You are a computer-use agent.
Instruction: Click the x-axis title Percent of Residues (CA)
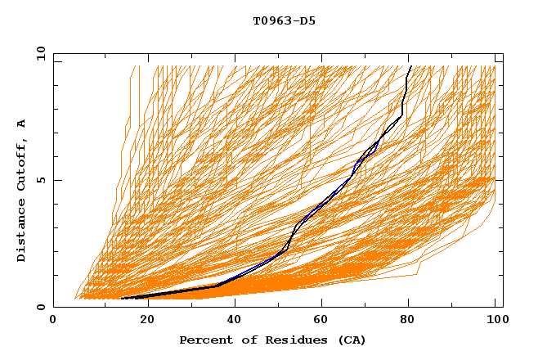pos(273,340)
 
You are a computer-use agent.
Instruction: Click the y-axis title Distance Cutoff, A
pos(21,190)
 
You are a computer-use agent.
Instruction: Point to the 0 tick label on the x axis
pos(53,320)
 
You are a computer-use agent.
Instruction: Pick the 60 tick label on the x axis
pos(322,320)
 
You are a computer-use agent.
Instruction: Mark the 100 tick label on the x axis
pos(495,320)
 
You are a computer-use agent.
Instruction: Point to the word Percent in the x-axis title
pos(205,340)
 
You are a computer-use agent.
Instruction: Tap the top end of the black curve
pos(410,66)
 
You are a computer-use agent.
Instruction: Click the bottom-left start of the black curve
pos(122,299)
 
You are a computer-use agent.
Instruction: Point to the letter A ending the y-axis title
pos(21,124)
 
